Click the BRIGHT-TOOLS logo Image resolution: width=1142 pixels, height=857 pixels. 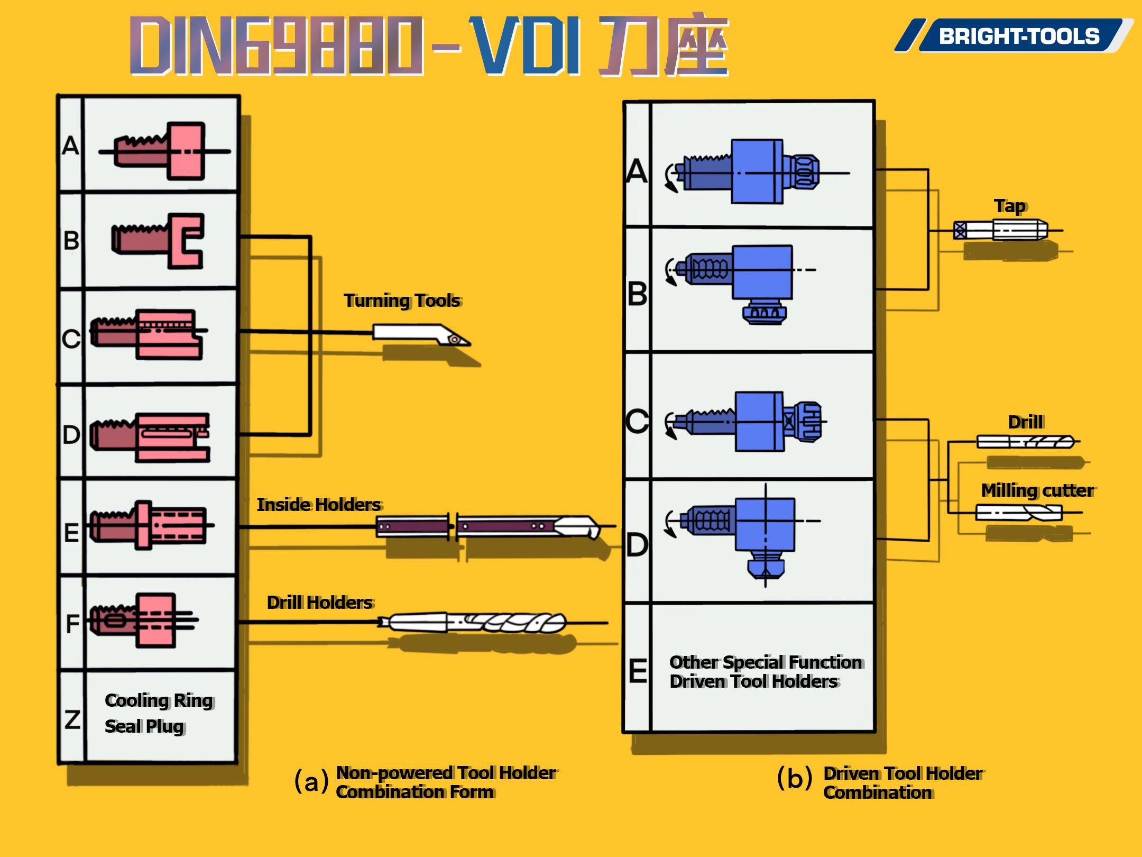click(1018, 36)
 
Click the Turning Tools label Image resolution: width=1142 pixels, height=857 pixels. click(402, 300)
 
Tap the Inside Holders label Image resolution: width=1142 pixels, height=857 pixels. click(319, 505)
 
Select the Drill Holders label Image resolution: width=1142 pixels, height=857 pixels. click(320, 603)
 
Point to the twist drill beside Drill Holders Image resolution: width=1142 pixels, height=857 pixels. click(476, 623)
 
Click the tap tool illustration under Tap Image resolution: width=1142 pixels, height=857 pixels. click(1000, 230)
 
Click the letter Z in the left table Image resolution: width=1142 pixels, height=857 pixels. click(72, 719)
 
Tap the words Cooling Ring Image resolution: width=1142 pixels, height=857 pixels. click(159, 700)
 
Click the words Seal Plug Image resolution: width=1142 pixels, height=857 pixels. click(144, 726)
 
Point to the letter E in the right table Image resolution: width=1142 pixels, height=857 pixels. click(638, 671)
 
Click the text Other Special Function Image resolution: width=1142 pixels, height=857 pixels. click(766, 662)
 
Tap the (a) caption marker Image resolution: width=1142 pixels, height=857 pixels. click(311, 781)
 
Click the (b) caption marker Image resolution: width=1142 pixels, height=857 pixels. click(794, 778)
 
